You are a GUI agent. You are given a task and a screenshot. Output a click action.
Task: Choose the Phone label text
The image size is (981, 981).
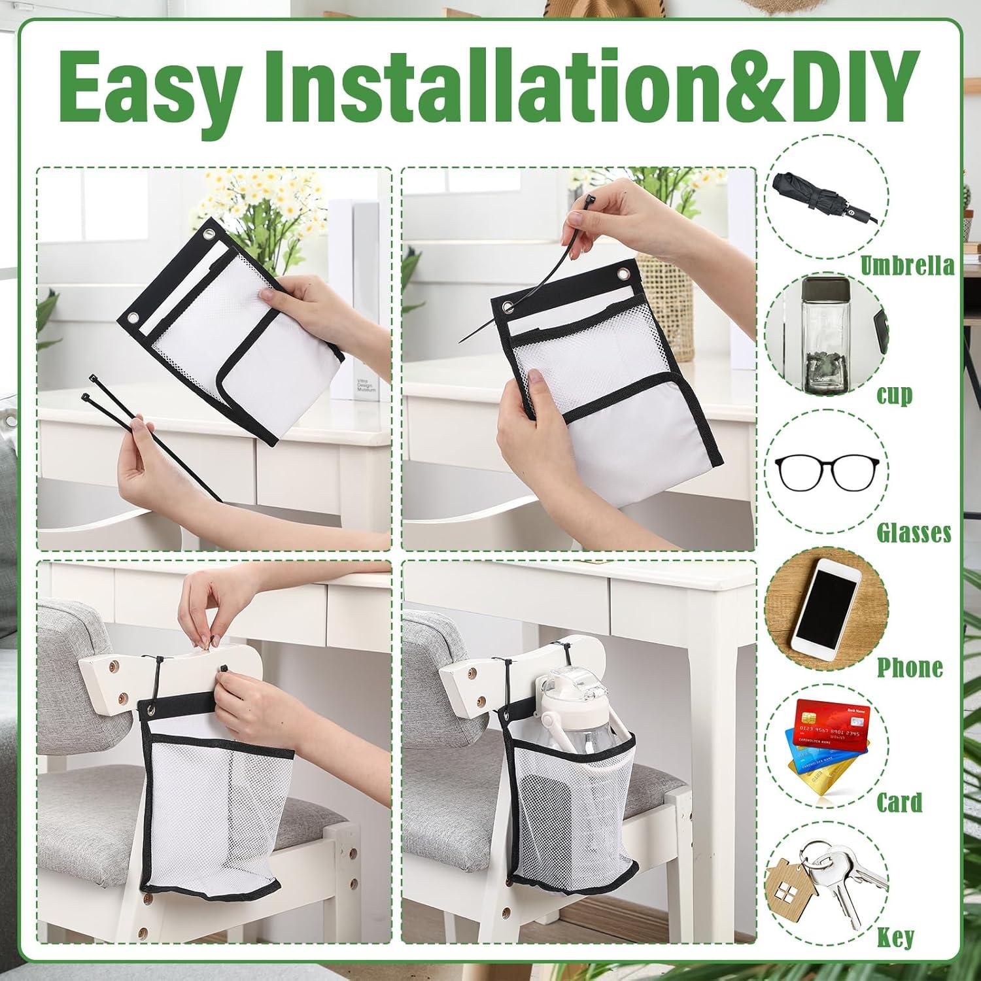coord(910,667)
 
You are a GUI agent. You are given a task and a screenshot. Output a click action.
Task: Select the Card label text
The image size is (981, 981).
coord(899,802)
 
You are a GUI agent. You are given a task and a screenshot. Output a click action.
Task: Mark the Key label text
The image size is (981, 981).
coord(896,937)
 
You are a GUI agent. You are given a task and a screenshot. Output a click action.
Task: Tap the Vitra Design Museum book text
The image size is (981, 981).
coord(367,386)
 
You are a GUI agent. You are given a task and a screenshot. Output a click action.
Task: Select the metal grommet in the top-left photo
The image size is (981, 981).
coord(133,317)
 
